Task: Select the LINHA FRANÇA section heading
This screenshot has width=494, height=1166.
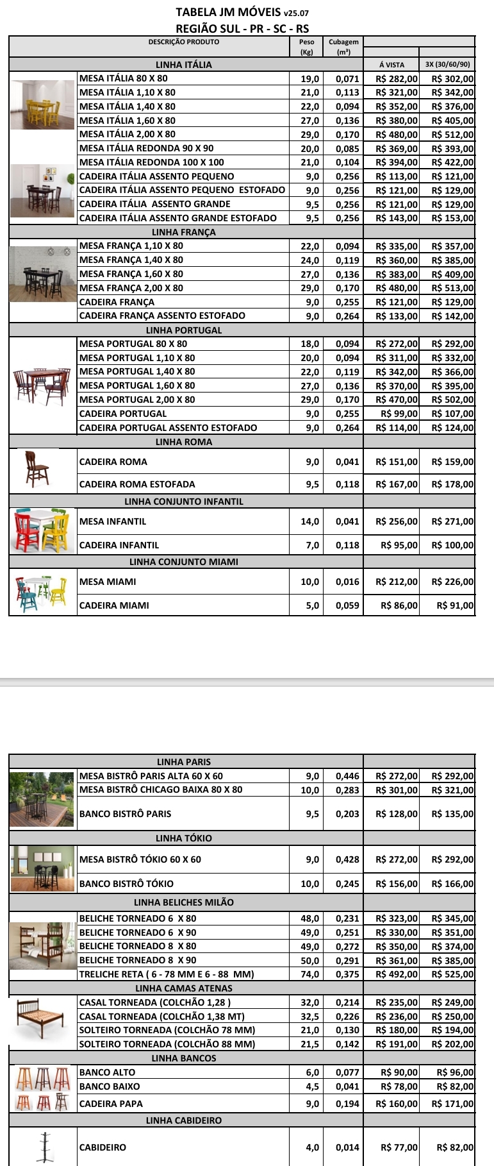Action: (184, 232)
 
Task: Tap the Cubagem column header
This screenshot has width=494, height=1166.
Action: (343, 46)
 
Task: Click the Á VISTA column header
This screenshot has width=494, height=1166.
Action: (391, 65)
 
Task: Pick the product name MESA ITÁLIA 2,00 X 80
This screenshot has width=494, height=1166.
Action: (128, 134)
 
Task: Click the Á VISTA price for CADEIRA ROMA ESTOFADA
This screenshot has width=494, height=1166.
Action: (396, 484)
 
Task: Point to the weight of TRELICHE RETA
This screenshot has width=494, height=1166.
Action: (309, 974)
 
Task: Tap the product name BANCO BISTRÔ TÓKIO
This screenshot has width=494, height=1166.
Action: (126, 883)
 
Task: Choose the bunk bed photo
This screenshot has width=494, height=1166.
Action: (42, 945)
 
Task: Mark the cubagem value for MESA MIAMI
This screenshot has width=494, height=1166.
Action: (347, 582)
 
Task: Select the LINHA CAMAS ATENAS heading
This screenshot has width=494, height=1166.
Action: (184, 988)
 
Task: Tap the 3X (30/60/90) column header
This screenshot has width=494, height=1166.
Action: (447, 65)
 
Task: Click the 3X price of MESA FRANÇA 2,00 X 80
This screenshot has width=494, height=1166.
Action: (452, 288)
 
